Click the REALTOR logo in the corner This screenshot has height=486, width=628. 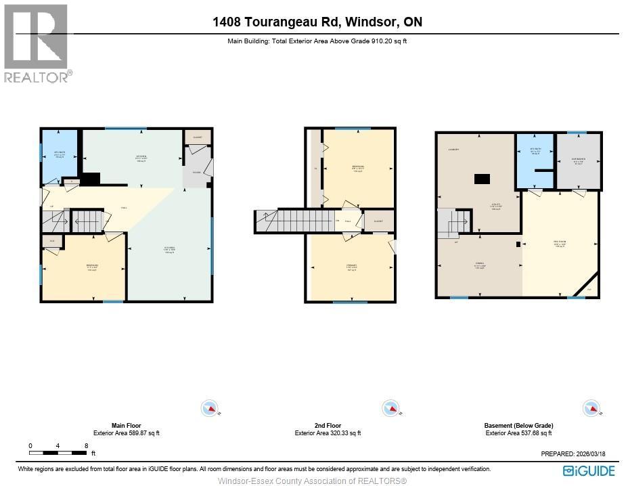coord(37,42)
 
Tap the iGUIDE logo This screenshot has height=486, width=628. coord(589,470)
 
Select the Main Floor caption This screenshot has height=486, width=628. coord(127,426)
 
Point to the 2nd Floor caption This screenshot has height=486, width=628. coord(328,426)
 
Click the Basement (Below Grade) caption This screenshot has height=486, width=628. coord(518,426)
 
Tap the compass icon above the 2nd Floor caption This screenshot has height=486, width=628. coord(390,408)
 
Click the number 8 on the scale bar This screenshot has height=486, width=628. coord(86,445)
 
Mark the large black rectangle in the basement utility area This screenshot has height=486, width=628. coord(482,179)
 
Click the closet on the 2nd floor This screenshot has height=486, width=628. coord(378,221)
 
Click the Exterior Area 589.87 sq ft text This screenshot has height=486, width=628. coord(127,433)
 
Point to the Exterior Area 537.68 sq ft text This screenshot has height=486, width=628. coord(518,433)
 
